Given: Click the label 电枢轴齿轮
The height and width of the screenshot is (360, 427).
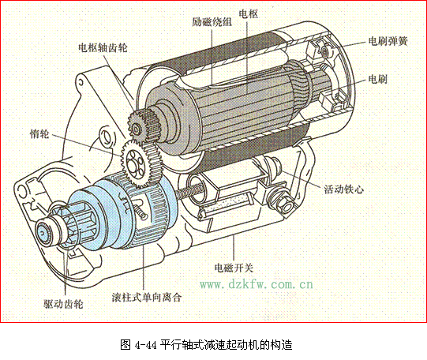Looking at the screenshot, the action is click(x=103, y=48).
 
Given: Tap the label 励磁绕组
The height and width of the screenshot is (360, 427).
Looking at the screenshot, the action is click(x=212, y=22).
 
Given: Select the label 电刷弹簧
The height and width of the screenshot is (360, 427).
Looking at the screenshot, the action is click(x=388, y=41).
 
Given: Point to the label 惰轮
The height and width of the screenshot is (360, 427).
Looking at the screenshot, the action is click(x=39, y=133).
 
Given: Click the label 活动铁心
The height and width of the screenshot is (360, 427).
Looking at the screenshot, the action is click(x=343, y=189).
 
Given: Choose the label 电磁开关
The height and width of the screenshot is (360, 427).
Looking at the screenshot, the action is click(x=234, y=268).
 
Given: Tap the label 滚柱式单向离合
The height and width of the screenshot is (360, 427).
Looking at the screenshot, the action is click(x=147, y=297).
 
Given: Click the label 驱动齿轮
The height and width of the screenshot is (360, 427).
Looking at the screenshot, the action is click(x=63, y=304).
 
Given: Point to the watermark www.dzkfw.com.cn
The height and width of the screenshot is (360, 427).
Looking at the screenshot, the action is click(x=257, y=284).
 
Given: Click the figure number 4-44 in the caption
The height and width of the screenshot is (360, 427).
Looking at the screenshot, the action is click(x=146, y=345).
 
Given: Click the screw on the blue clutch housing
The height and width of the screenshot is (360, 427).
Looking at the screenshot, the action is click(x=140, y=212).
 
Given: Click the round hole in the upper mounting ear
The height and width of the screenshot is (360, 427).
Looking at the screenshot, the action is click(x=81, y=82).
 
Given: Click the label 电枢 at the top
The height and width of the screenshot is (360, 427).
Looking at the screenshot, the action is click(x=248, y=14).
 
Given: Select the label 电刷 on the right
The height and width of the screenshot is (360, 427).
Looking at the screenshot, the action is click(x=378, y=79).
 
